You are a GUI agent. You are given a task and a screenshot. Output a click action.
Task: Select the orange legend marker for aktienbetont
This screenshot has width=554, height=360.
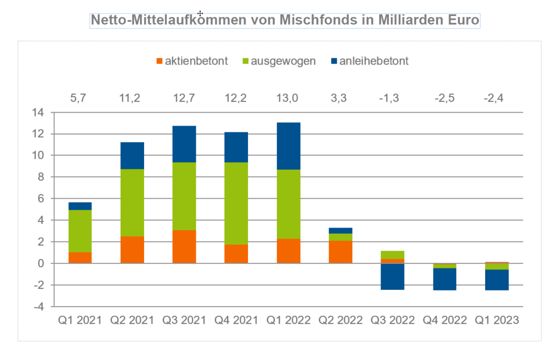point(159,61)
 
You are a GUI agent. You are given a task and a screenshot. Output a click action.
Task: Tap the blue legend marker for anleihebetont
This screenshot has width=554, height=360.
point(334,61)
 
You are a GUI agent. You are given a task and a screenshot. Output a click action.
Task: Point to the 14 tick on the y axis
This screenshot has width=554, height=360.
point(38,112)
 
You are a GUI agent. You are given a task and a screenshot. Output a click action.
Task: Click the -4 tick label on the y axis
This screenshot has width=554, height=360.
point(38,307)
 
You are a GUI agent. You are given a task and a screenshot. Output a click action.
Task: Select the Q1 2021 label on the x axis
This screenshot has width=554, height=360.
point(80,321)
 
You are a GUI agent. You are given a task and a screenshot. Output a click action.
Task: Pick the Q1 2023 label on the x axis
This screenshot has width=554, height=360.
point(496,321)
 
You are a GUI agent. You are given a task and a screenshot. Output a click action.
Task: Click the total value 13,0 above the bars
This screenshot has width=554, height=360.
point(288,98)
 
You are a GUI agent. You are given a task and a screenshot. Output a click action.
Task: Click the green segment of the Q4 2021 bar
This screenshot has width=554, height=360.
point(236,203)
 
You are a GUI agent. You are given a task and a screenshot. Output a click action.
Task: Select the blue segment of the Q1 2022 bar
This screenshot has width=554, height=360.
point(288,146)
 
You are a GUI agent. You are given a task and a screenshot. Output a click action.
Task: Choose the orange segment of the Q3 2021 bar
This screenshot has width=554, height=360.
point(184,247)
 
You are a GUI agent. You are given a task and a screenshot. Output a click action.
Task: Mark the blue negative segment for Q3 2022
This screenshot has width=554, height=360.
point(392,276)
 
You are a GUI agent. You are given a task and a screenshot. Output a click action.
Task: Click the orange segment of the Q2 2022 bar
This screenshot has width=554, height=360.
point(340,252)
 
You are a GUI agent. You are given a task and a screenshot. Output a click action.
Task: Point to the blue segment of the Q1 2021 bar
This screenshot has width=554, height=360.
point(80,206)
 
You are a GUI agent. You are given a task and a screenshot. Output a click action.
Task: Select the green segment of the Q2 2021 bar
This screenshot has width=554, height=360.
point(132,202)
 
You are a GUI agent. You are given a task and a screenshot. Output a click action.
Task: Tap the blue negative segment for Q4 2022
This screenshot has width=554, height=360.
point(444,279)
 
